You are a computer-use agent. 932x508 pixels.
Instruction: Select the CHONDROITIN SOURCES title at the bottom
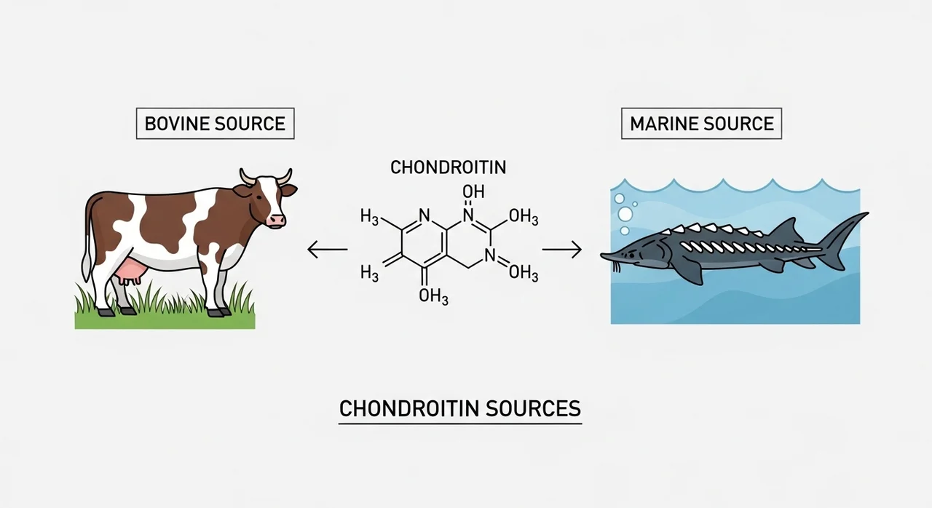coord(460,408)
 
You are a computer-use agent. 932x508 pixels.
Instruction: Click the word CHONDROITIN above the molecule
coord(449,167)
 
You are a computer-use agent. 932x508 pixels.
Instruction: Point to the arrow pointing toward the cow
coord(328,250)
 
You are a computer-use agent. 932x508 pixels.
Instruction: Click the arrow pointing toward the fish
coord(561,250)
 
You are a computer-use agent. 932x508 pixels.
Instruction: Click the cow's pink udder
coord(132,272)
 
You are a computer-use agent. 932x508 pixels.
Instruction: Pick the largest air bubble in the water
coord(625,214)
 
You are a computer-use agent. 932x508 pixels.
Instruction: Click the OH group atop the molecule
coord(473,191)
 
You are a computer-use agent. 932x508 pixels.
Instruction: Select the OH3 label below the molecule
coord(433,296)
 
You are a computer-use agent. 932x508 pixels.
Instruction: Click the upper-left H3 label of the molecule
coord(369,217)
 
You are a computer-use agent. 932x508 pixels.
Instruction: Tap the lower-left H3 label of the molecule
coord(369,273)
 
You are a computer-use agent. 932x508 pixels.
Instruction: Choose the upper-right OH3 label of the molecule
coord(524,217)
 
